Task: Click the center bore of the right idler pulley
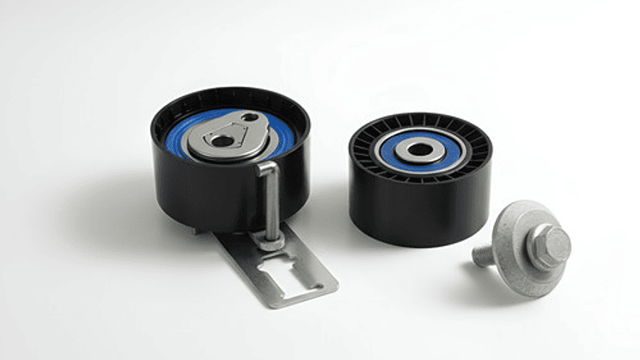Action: pyautogui.click(x=421, y=150)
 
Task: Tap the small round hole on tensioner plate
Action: pyautogui.click(x=249, y=118)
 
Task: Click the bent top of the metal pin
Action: pyautogui.click(x=266, y=167)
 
